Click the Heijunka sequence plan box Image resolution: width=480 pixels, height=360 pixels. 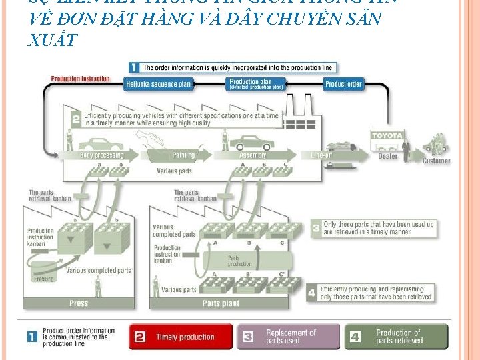tap(157, 85)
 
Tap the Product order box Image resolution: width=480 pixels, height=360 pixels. tap(343, 85)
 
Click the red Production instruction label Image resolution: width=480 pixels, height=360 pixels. tap(81, 79)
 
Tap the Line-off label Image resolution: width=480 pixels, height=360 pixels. tap(323, 155)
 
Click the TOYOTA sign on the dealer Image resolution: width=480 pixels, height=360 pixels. tap(387, 136)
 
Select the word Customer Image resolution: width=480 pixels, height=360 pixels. tap(436, 161)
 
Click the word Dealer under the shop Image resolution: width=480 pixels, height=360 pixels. tap(387, 157)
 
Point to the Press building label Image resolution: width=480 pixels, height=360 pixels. tap(79, 303)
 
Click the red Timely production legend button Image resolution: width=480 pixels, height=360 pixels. tap(181, 337)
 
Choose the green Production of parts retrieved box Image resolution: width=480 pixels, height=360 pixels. tap(397, 337)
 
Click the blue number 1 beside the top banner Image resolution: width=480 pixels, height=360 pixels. tap(134, 67)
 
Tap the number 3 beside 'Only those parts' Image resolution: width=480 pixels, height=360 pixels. tap(316, 228)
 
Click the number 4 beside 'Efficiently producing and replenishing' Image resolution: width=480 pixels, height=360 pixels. tap(313, 293)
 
